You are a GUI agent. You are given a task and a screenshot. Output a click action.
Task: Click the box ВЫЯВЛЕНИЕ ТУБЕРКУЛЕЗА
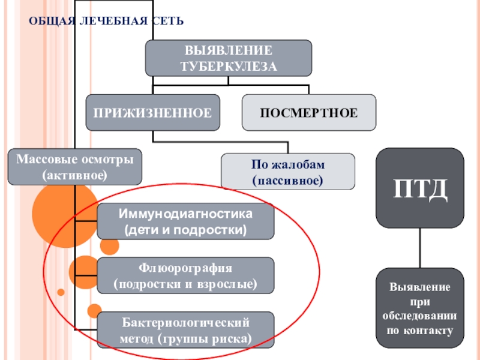[229, 58]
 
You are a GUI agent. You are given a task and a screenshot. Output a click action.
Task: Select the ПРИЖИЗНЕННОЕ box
[152, 112]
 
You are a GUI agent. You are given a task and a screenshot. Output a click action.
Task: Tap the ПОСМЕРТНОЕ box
[309, 112]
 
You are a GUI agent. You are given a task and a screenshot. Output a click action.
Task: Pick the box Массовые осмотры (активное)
[75, 167]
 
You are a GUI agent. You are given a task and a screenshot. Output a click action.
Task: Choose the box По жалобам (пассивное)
[288, 171]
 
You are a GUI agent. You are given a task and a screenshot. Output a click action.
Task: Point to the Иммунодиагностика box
[185, 221]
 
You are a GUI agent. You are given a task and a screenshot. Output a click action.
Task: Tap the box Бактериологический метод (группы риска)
[185, 331]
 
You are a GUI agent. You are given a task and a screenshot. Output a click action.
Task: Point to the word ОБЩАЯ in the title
[53, 21]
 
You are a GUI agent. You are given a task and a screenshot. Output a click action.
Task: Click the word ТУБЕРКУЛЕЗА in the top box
[229, 66]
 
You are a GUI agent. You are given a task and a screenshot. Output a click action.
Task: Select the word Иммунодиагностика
[185, 214]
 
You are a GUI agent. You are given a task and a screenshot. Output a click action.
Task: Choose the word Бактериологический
[185, 323]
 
